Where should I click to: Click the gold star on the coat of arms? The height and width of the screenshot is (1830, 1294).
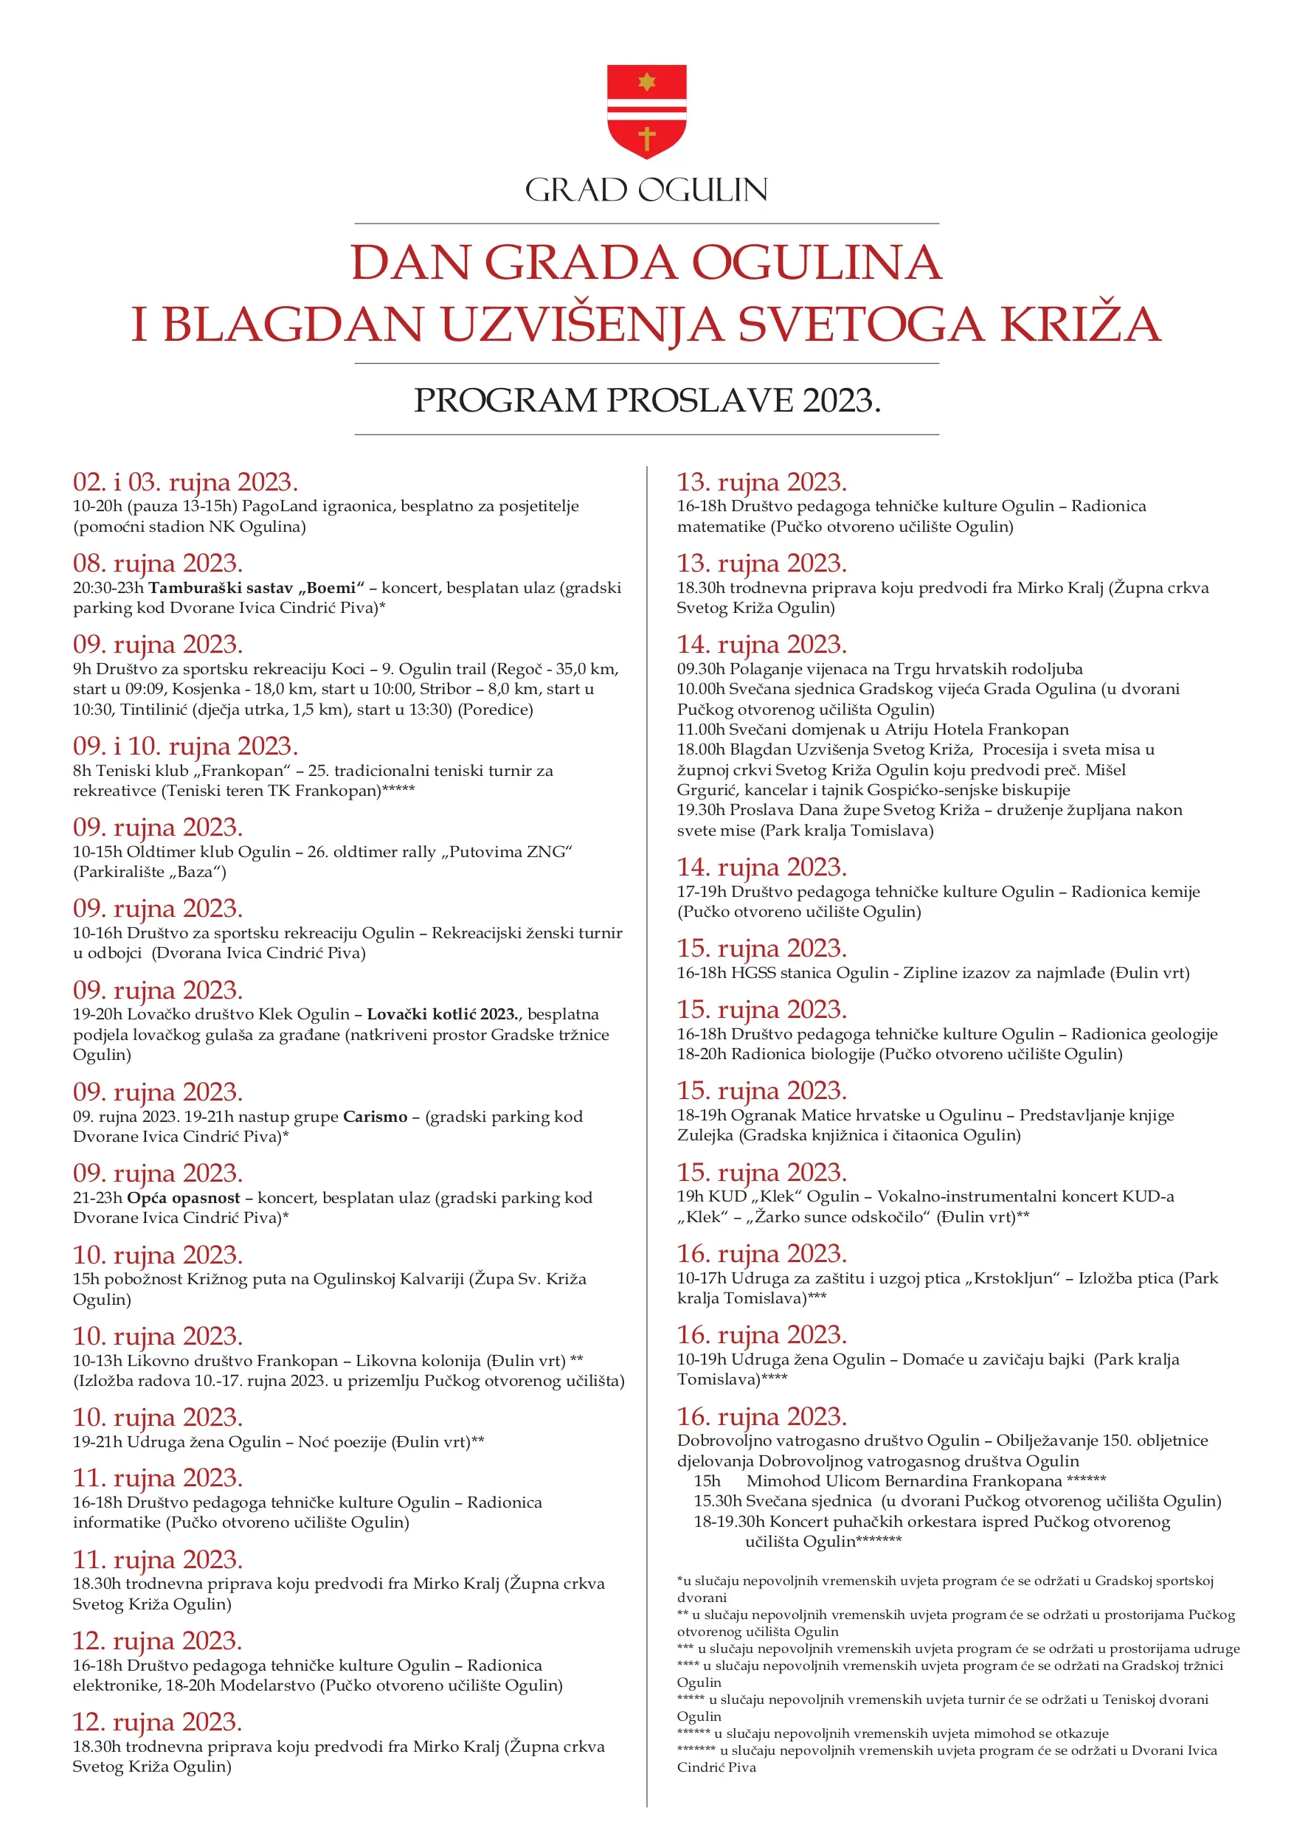coord(646,81)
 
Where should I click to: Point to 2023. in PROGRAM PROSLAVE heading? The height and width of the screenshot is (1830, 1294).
coord(840,400)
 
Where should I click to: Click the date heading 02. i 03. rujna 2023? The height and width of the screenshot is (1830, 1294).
coord(185,482)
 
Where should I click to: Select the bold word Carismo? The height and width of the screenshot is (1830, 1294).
coord(375,1116)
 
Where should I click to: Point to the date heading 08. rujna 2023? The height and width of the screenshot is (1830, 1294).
coord(158,564)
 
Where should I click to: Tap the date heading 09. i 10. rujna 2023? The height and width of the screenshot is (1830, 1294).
coord(185,746)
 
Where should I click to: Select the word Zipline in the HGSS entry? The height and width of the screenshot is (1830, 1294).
coord(930,972)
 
